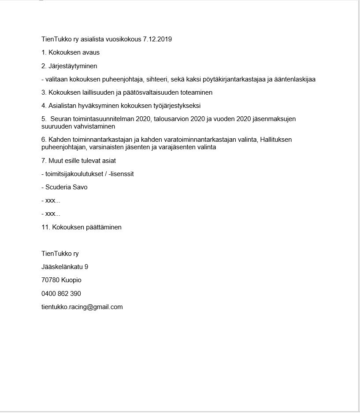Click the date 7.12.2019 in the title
[x=157, y=39]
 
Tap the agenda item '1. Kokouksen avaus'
[x=71, y=52]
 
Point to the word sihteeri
[x=157, y=79]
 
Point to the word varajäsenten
[x=178, y=147]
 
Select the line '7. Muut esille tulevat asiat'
[x=78, y=161]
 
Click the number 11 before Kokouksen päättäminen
[x=45, y=227]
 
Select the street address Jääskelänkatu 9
[x=65, y=267]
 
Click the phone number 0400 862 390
[x=61, y=294]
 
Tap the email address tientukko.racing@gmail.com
[x=82, y=307]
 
